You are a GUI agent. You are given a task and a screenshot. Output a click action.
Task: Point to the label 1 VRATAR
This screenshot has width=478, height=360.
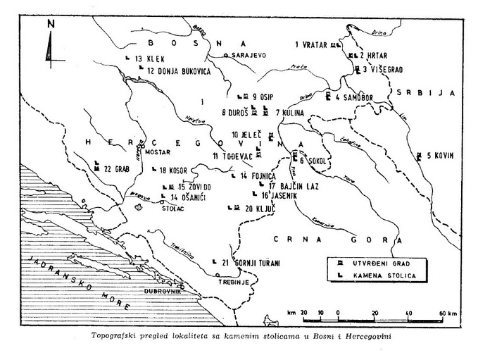click(x=312, y=44)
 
